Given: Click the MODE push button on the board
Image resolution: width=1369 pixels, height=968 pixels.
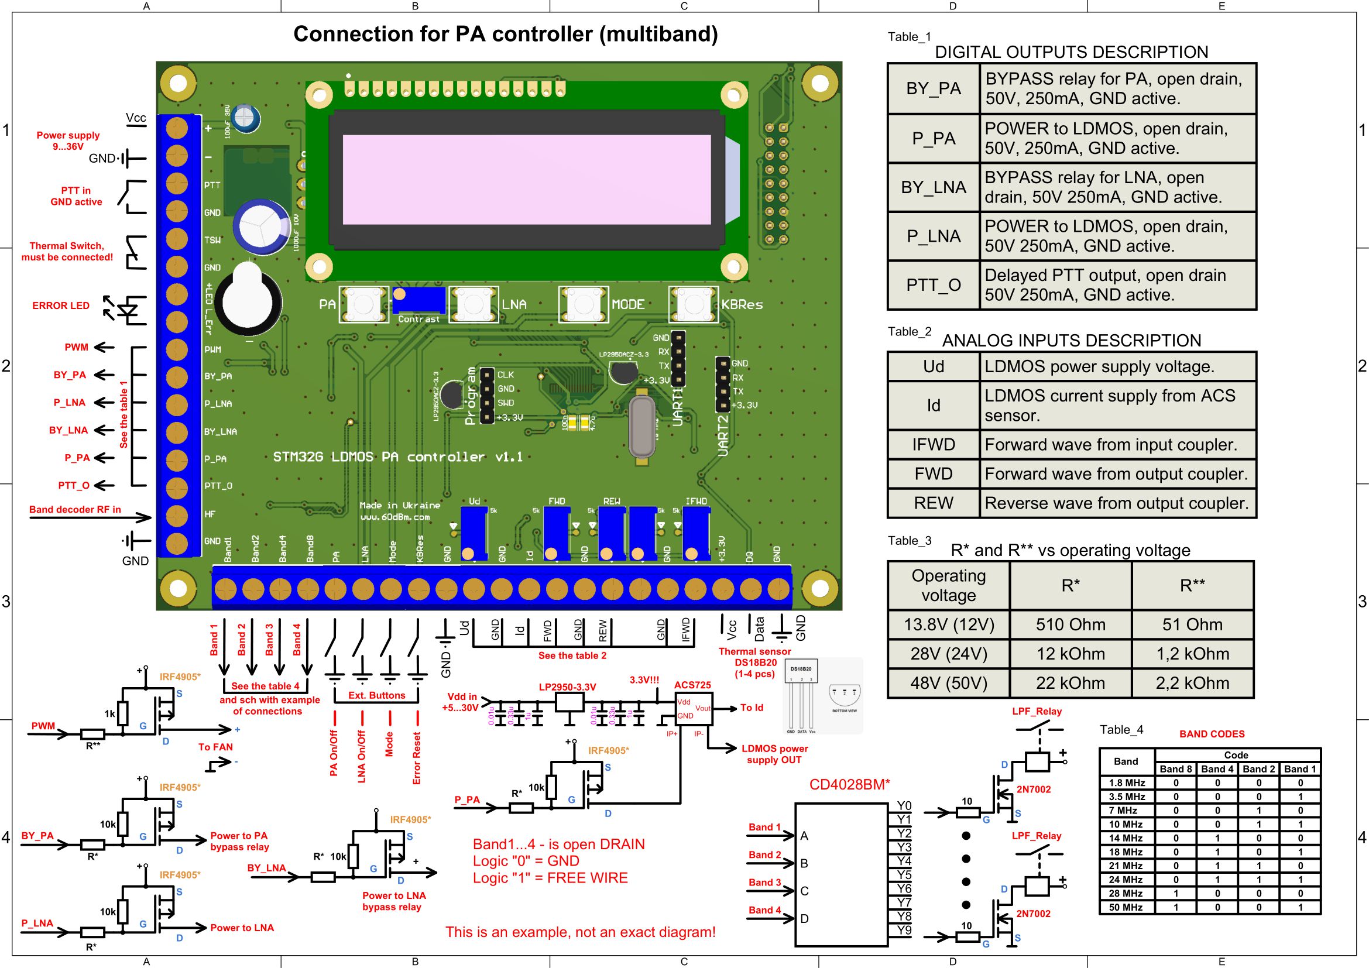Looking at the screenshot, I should (x=582, y=304).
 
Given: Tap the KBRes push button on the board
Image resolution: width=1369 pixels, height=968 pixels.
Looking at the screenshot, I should (x=693, y=304).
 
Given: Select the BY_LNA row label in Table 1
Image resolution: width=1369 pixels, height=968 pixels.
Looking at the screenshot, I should (x=933, y=187).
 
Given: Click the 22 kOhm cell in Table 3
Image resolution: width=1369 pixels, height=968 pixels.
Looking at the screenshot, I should (x=1071, y=682).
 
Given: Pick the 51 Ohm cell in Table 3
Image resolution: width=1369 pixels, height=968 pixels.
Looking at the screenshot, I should (x=1192, y=624).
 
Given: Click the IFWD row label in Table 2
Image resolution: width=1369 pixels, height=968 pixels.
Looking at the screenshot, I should (x=933, y=445).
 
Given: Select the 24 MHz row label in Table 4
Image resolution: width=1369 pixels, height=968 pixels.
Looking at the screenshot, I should (x=1126, y=879).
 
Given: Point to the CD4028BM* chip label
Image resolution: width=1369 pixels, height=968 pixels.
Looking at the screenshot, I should (x=849, y=784).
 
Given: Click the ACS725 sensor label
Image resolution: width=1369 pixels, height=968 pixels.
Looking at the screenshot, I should (x=692, y=685).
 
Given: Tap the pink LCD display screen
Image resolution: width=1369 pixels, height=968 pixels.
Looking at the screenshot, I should (x=527, y=180).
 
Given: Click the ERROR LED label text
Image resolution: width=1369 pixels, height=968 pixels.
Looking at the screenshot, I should (x=61, y=305).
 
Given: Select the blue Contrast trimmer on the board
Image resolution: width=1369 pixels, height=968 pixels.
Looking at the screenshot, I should (x=418, y=300).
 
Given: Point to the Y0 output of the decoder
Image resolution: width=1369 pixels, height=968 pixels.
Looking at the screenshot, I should (x=904, y=806).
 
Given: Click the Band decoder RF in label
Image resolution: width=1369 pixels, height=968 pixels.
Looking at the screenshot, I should (x=75, y=509).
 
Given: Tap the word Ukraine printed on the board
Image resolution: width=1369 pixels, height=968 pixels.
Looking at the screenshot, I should (x=421, y=506).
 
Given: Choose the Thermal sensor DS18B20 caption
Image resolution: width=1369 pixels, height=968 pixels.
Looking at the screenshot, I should (x=755, y=657).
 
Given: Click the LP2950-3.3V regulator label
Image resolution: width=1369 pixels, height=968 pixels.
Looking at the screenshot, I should (x=567, y=686).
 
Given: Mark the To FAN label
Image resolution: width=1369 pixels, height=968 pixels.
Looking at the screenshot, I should (x=215, y=747).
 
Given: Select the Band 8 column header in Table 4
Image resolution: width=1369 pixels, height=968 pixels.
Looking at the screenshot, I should (x=1175, y=769).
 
